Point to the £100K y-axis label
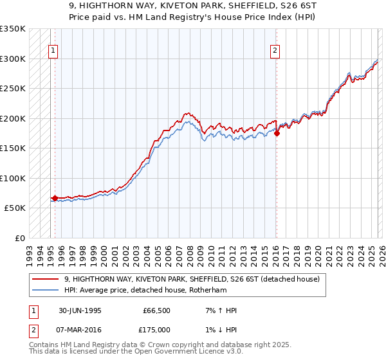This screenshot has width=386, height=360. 13,178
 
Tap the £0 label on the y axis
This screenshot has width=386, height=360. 19,238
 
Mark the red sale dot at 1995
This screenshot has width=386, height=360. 55,199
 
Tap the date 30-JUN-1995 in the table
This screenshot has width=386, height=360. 79,310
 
